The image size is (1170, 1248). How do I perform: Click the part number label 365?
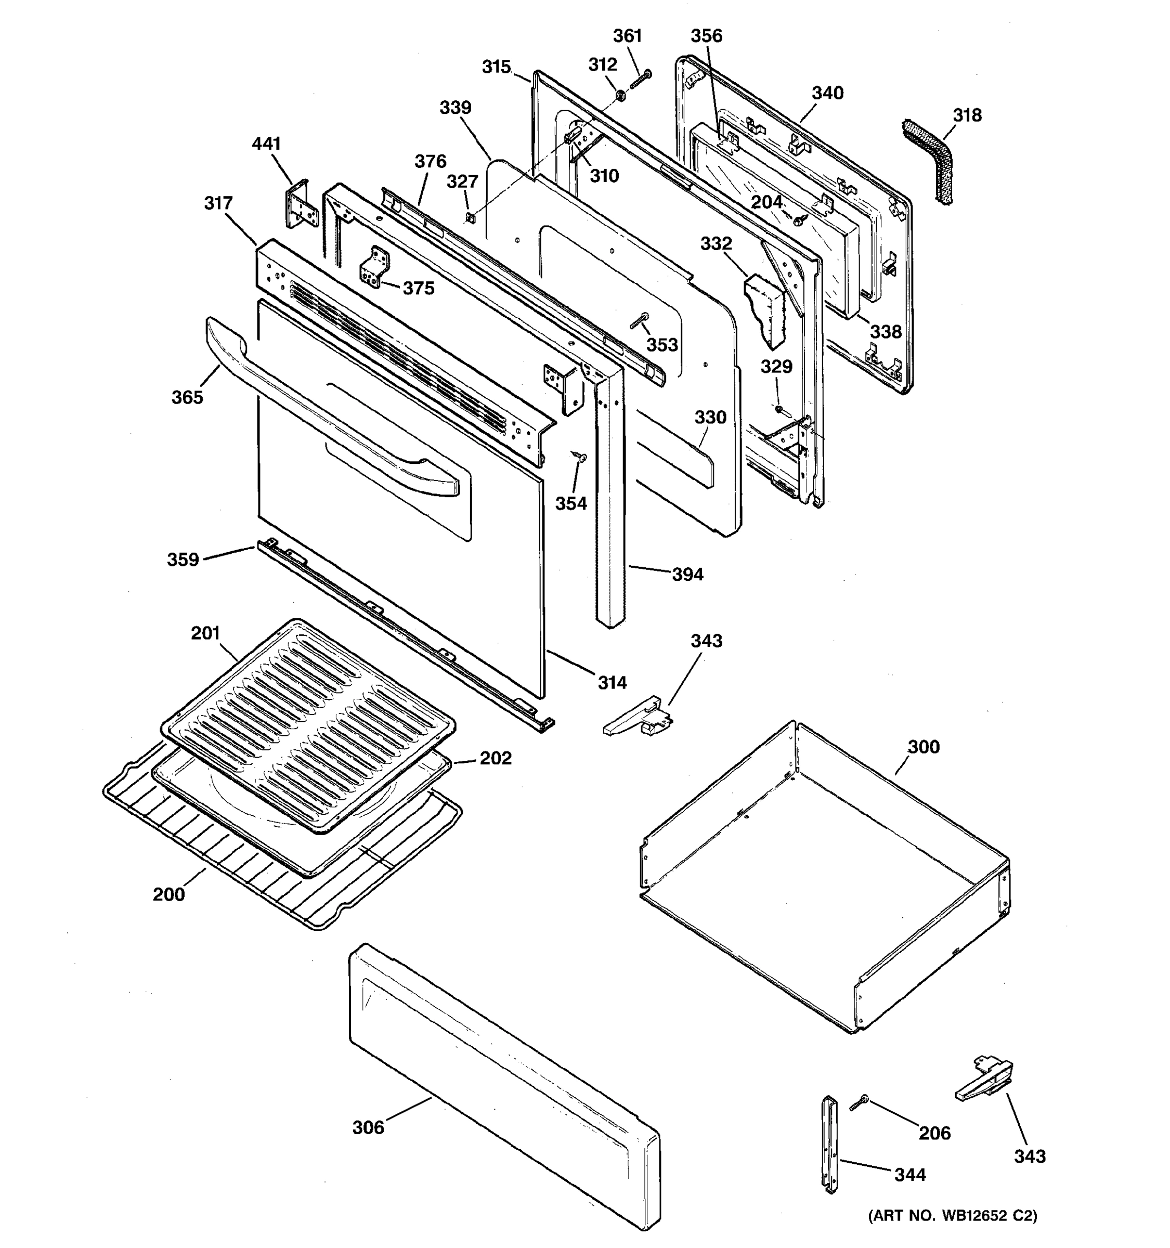(187, 397)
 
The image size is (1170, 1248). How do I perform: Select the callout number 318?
(967, 115)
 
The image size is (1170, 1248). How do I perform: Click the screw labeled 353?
(640, 321)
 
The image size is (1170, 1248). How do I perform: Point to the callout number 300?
(924, 747)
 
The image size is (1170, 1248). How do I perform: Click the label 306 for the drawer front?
(368, 1128)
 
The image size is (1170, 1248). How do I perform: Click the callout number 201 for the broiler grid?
(205, 633)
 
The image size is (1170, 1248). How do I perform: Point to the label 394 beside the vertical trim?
(687, 575)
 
